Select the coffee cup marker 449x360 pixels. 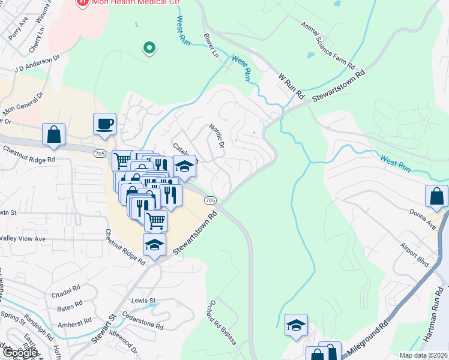104,125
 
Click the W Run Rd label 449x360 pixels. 292,86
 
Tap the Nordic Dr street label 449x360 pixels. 216,136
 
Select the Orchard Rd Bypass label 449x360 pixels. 223,322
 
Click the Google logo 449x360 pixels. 19,353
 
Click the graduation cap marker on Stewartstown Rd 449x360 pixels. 154,245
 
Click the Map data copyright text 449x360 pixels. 424,355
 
